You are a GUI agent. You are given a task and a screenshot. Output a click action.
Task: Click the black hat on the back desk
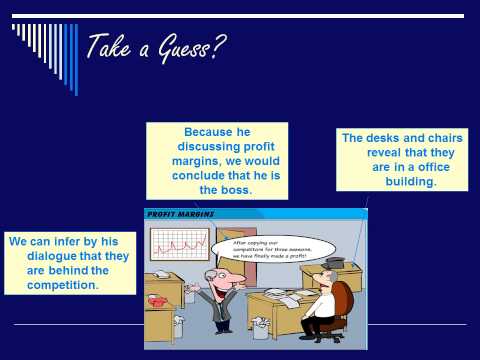coord(334,261)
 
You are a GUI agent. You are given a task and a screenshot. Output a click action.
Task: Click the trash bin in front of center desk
coord(262,328)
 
